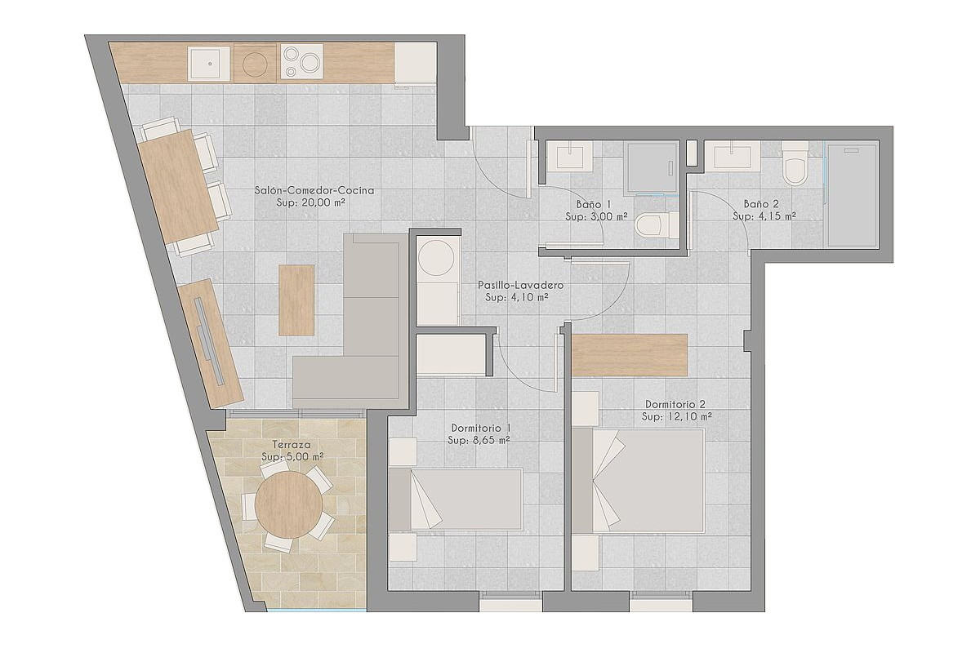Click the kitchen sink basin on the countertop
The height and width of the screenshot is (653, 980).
click(x=209, y=64)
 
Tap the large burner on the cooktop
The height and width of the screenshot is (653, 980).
click(x=310, y=63)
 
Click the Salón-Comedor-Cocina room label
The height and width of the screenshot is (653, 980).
click(x=314, y=190)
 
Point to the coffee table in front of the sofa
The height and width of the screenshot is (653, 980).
click(x=296, y=300)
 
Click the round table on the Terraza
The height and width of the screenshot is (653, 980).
click(x=289, y=504)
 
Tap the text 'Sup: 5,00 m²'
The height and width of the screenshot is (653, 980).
click(x=292, y=456)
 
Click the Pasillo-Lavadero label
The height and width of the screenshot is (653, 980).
click(x=520, y=285)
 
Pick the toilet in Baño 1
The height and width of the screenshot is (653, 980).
click(x=656, y=225)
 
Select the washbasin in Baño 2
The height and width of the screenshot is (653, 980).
click(x=733, y=156)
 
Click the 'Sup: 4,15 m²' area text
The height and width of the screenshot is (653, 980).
click(x=764, y=216)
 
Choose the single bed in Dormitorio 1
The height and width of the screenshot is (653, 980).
click(x=456, y=499)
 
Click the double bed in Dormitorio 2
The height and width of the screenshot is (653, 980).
click(x=638, y=481)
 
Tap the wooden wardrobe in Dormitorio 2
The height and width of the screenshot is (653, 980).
click(x=630, y=355)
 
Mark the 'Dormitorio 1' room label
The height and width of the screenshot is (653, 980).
click(x=481, y=428)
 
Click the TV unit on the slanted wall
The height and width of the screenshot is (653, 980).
click(x=211, y=344)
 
